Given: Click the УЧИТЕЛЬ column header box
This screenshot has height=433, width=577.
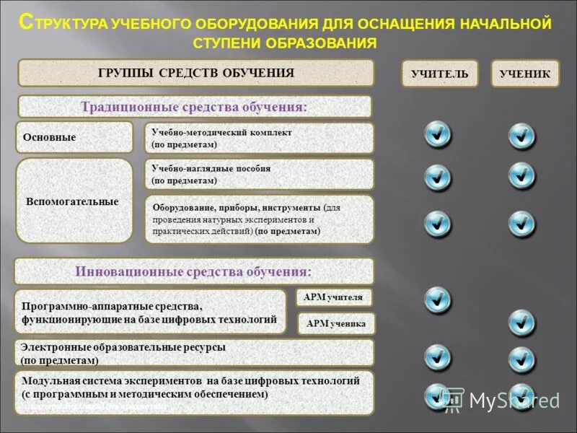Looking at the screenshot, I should (x=439, y=74).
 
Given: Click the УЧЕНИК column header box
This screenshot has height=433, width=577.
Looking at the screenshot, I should (x=525, y=74).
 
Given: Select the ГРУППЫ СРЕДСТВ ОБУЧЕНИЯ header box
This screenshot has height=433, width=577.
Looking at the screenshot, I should (x=195, y=73).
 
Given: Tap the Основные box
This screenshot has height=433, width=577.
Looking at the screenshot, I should (x=74, y=137).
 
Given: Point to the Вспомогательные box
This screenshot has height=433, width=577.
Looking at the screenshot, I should (x=74, y=201).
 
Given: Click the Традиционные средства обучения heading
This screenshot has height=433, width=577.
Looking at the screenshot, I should (x=195, y=107).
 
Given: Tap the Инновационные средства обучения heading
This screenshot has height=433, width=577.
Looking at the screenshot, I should (x=195, y=271).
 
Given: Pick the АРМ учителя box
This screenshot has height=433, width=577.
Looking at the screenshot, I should (x=334, y=297).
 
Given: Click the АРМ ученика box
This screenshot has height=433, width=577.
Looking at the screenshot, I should (x=337, y=323).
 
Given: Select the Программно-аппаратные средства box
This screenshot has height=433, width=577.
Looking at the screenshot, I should (x=150, y=312).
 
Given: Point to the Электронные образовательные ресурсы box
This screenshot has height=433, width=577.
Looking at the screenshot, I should (x=195, y=353).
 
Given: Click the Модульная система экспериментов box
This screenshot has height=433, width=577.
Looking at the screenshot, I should (x=195, y=393).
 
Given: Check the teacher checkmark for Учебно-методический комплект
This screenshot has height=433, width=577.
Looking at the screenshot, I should (x=438, y=134).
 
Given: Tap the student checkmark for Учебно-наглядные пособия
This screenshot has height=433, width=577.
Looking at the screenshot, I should (x=521, y=175).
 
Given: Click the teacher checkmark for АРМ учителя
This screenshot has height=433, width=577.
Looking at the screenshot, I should (x=438, y=299).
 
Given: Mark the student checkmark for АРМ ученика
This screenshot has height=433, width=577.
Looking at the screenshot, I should (x=521, y=322).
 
